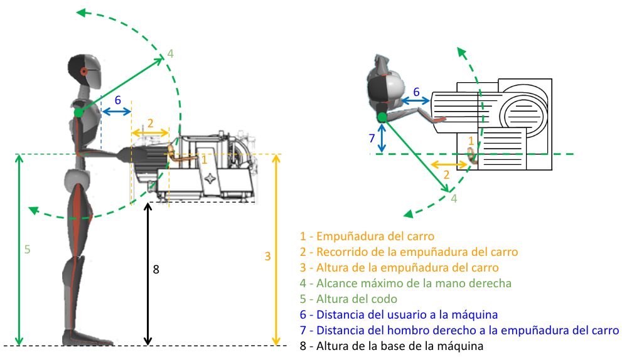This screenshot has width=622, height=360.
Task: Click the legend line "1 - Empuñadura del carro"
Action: point(367,236)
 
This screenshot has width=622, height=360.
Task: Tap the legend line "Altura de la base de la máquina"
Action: point(392,346)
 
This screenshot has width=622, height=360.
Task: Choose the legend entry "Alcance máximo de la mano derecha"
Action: point(405,283)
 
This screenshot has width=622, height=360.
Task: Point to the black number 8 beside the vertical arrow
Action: point(156,270)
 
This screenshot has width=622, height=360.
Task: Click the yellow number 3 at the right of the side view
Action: point(267,256)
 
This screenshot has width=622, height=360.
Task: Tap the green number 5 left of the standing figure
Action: point(27,249)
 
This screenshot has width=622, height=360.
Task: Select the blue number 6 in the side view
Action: point(117,100)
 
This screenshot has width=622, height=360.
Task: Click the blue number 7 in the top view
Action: point(372,138)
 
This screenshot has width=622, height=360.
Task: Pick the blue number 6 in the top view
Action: point(416,92)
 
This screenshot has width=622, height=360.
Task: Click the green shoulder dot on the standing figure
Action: point(78,112)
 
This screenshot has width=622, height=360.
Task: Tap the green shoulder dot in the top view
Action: point(382,116)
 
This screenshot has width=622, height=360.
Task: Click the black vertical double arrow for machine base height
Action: point(147,273)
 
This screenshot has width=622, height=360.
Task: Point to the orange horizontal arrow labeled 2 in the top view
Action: point(449,164)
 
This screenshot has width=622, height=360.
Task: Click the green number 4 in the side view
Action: point(169,54)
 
